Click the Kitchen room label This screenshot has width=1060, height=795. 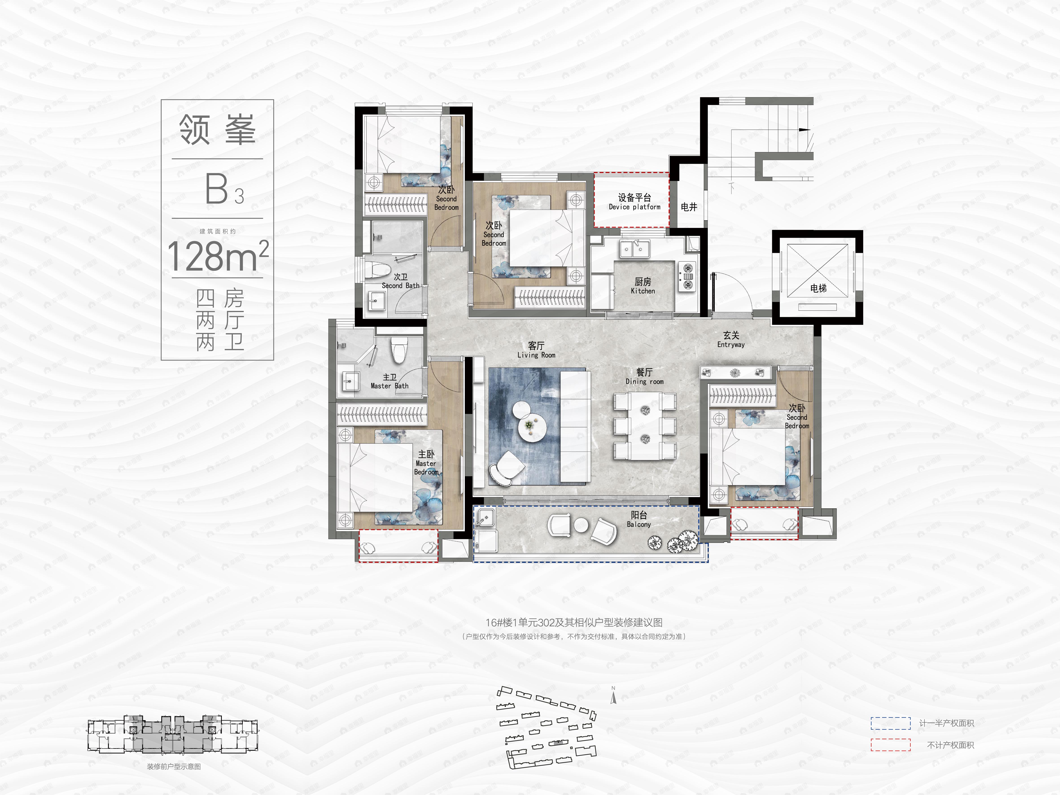click(643, 286)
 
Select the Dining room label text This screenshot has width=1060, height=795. click(645, 377)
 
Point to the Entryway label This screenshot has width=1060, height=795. click(731, 339)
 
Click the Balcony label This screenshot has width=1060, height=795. click(639, 519)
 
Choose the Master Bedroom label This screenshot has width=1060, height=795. click(426, 462)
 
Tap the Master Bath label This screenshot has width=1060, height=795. click(390, 381)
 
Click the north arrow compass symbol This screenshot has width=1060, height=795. click(613, 696)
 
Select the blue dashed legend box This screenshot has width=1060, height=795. click(890, 723)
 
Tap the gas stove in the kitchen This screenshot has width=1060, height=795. click(688, 277)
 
